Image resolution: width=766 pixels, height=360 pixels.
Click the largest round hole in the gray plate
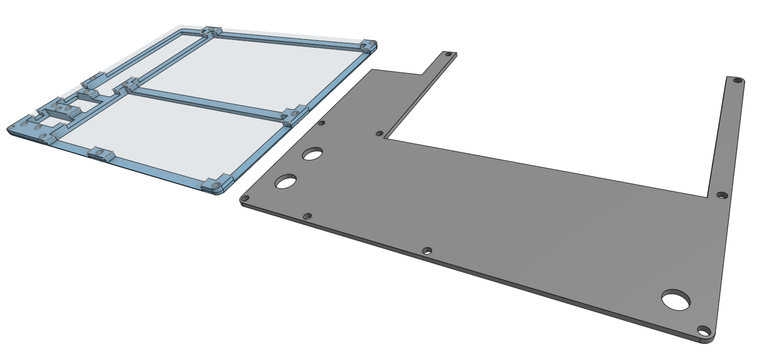pos(677,300)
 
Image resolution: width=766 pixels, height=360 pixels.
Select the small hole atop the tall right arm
pos(738,81)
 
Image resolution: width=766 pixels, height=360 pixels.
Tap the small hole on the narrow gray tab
pos(448,54)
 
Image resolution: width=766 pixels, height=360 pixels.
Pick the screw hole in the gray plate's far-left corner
pos(244,199)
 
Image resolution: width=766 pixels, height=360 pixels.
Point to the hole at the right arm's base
pos(722,195)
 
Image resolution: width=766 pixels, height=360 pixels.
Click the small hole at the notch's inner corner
pos(380,134)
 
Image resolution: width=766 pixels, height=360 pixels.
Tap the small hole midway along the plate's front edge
pos(427,251)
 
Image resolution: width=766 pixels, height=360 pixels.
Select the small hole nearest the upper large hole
pos(322,123)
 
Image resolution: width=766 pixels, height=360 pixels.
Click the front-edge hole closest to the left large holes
pos(308,216)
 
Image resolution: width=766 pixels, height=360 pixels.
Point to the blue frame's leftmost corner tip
pos(9,128)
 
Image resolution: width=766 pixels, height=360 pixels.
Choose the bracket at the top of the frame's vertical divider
pos(211,32)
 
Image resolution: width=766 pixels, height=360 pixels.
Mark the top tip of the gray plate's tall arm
pos(735,78)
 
